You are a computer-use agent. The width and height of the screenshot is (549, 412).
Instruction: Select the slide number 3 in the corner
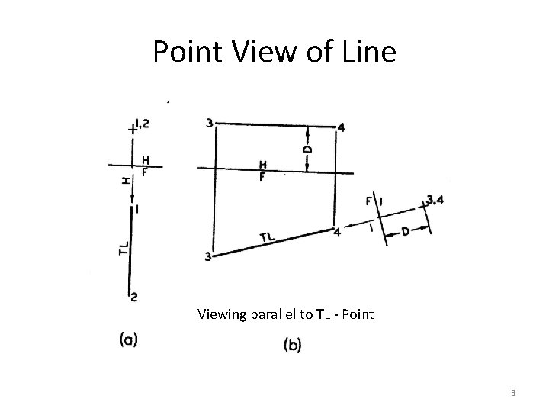(513, 393)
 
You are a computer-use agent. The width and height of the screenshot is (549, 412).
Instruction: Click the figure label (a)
(129, 340)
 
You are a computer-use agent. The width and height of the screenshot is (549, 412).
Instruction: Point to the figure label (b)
(292, 345)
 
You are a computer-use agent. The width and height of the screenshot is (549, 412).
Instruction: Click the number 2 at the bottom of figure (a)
(133, 296)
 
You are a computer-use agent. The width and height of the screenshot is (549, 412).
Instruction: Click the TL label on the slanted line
(268, 237)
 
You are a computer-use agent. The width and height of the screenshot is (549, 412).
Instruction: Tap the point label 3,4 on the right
(436, 200)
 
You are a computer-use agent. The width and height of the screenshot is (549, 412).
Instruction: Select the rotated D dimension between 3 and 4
(307, 150)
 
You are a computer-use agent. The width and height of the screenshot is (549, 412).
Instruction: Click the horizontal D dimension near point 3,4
(404, 232)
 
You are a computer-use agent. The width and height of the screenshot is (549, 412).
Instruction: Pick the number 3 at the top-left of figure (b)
(210, 122)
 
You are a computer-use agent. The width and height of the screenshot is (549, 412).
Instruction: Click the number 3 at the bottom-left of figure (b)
(207, 257)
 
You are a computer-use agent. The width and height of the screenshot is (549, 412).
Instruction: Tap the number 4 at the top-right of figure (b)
(341, 127)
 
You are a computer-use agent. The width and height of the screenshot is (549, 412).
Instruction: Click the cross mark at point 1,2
(133, 130)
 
